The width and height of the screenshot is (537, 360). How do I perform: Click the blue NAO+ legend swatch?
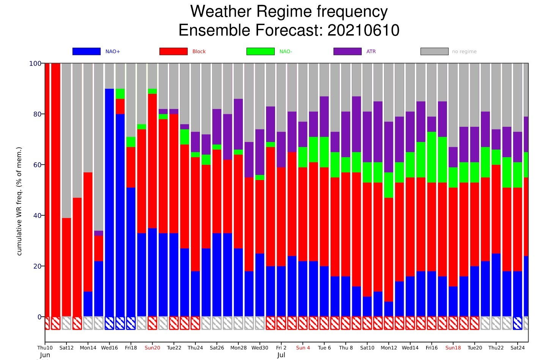(x=87, y=51)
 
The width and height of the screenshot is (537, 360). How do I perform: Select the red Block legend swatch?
(x=173, y=51)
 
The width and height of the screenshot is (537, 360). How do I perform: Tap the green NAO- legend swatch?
(x=260, y=51)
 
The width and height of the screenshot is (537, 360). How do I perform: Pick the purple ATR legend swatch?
(x=347, y=51)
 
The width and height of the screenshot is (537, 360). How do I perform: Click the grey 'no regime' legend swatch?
(x=434, y=51)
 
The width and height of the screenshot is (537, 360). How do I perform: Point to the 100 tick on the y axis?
(x=35, y=63)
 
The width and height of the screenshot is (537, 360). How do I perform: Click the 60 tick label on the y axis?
(x=37, y=165)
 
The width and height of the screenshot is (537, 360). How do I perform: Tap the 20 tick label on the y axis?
(x=37, y=266)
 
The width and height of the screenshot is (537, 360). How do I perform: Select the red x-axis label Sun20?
(x=152, y=347)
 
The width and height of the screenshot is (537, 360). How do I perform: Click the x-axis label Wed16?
(x=109, y=347)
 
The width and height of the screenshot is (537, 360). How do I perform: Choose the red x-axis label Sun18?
(x=453, y=347)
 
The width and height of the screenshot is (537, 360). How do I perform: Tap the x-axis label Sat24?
(x=517, y=347)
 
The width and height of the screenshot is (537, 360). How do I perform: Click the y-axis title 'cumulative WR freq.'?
(x=19, y=201)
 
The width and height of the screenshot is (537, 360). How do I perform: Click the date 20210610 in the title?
(x=363, y=30)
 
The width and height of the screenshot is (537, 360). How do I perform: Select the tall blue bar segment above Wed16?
(x=109, y=201)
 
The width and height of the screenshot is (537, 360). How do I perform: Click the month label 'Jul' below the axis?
(x=281, y=355)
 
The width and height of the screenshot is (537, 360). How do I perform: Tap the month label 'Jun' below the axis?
(x=45, y=355)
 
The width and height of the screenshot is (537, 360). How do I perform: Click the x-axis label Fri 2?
(x=281, y=347)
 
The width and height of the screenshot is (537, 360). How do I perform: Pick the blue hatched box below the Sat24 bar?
(x=517, y=323)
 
